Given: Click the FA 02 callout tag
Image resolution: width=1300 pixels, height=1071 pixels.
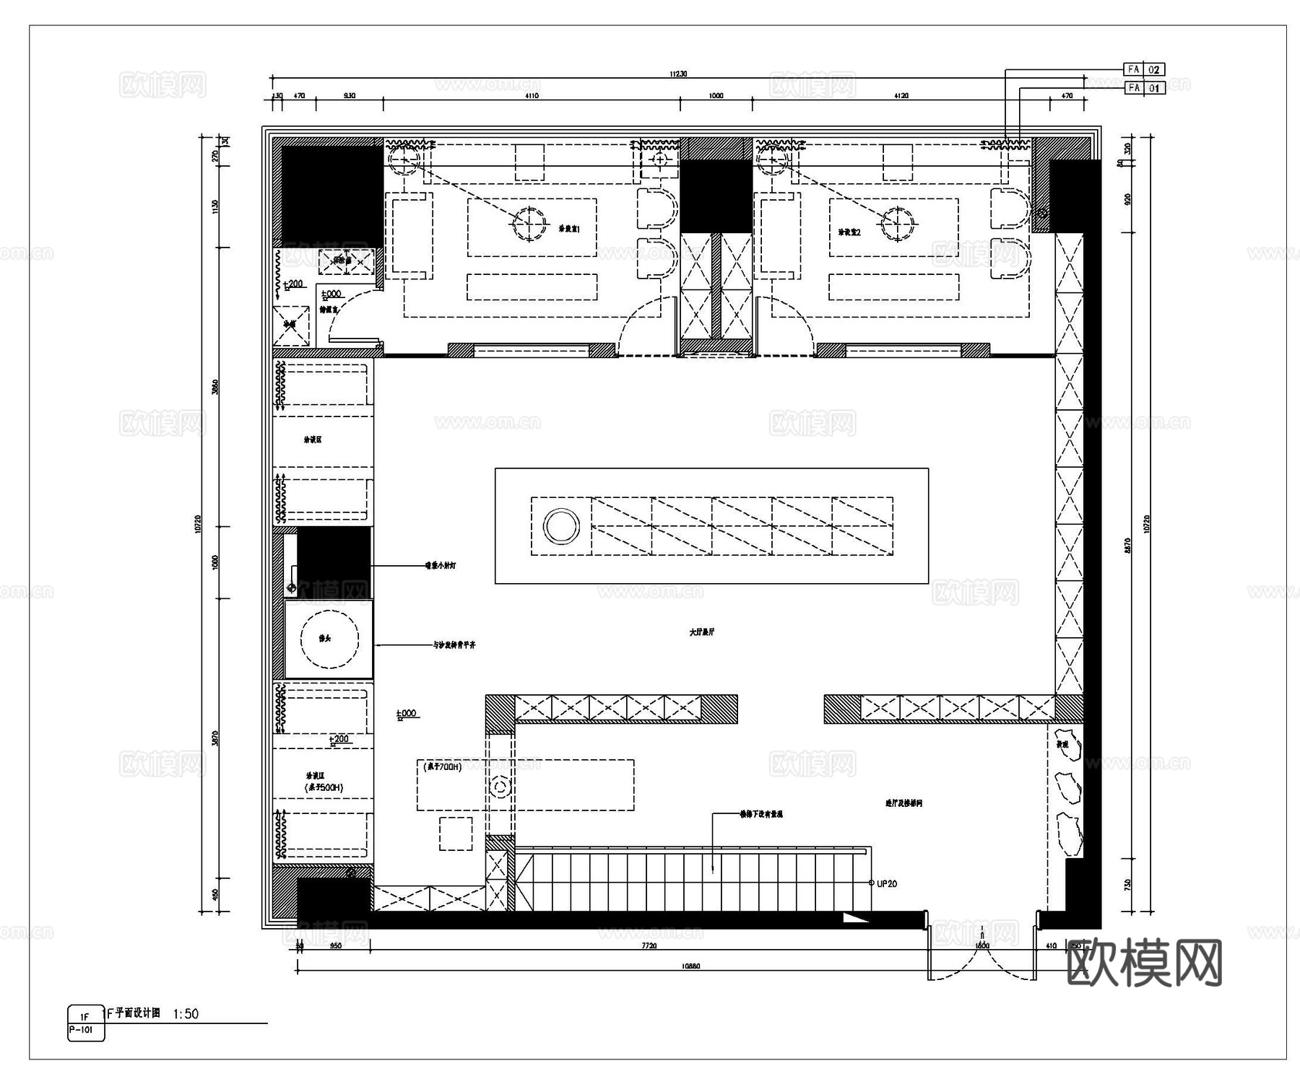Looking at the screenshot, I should tap(1145, 69).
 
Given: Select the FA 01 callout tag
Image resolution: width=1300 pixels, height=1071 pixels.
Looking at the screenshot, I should tap(1145, 88).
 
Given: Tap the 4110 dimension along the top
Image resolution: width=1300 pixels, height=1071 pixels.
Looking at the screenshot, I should tap(532, 95).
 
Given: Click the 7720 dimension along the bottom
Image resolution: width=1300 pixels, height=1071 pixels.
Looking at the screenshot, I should tap(649, 945).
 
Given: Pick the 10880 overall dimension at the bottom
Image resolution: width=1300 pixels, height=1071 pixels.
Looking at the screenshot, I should tap(690, 966).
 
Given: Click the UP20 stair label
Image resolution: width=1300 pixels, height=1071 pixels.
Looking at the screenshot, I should tap(886, 883).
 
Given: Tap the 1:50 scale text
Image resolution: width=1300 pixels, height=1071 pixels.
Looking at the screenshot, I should tap(186, 1014).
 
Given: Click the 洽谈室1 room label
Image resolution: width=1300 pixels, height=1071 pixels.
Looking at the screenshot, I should tap(569, 229).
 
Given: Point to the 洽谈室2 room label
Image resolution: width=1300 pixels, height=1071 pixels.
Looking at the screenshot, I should tap(850, 232).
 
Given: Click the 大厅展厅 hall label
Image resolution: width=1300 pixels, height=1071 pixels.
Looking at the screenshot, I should tap(701, 631).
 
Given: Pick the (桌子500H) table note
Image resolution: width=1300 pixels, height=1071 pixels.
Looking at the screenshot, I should tap(323, 787).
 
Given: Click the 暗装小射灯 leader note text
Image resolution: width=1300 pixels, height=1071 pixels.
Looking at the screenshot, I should tap(440, 566).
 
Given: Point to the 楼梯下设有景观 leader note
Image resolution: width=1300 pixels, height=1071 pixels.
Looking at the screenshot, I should tap(761, 814).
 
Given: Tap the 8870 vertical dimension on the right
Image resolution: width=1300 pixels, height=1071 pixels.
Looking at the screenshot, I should tap(1128, 546).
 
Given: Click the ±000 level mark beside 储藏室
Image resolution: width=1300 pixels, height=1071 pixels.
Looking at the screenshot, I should tap(331, 294).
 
